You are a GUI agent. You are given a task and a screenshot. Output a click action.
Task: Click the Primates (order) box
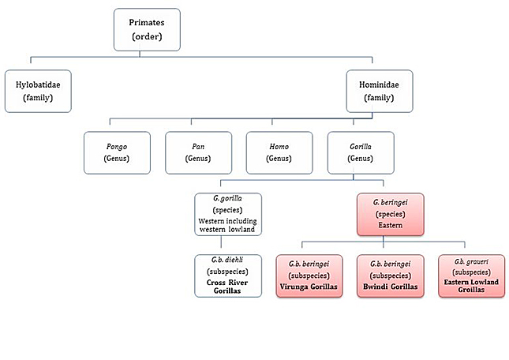(147, 29)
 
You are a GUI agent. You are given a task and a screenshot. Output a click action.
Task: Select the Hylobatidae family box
(38, 92)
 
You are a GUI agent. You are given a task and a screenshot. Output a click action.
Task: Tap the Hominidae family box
(380, 92)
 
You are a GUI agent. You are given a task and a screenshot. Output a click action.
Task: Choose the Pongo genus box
(117, 152)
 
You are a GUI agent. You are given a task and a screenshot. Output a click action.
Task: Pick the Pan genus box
(198, 152)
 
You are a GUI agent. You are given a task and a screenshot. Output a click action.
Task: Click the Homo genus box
(279, 152)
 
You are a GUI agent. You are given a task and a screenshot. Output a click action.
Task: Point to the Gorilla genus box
(361, 152)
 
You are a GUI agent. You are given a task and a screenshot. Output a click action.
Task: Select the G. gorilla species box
(228, 214)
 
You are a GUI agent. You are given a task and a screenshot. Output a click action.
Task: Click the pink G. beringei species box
(391, 214)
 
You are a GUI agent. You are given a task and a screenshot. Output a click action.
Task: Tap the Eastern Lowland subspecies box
(472, 276)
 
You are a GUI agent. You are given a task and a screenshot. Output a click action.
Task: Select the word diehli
(235, 260)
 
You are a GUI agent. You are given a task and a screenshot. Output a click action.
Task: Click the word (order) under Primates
(147, 36)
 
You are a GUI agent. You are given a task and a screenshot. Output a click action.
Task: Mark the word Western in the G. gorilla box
(211, 221)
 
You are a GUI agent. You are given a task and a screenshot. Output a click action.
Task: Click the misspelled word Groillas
(471, 290)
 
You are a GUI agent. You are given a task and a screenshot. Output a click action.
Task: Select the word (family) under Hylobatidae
(38, 98)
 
